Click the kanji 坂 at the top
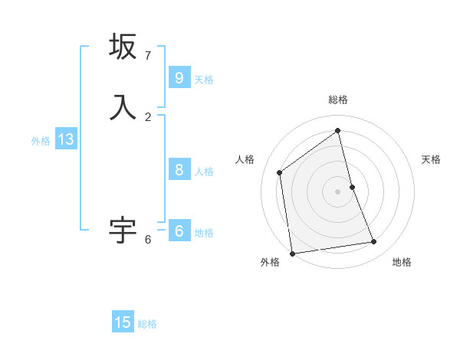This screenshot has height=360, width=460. tap(123, 47)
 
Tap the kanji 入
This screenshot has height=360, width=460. tap(123, 106)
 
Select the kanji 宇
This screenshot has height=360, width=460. tap(123, 229)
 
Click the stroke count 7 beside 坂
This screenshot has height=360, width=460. tap(148, 56)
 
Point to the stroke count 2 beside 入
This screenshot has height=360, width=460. tap(148, 116)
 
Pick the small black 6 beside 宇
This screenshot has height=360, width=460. tap(148, 240)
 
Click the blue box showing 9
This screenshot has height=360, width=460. tap(179, 78)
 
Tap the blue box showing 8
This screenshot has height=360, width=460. tap(179, 170)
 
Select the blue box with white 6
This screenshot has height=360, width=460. tap(179, 231)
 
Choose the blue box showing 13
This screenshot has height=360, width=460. tap(65, 139)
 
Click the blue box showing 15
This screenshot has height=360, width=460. tap(123, 322)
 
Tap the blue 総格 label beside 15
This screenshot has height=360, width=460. tap(147, 324)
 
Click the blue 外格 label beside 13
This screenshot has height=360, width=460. tap(41, 141)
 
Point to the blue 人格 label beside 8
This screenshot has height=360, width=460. tap(204, 172)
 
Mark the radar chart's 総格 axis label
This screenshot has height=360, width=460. tap(338, 100)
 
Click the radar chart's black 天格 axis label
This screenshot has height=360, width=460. tap(431, 159)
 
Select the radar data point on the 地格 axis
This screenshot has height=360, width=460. tap(374, 242)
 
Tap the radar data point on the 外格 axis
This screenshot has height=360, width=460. tap(292, 253)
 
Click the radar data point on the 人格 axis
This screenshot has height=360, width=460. tap(280, 172)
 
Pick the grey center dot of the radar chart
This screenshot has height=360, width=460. tap(338, 191)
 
